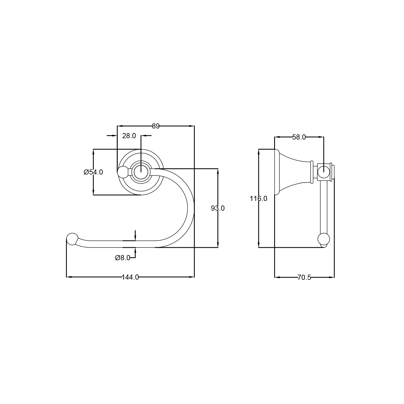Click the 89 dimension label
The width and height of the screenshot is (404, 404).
(156, 126)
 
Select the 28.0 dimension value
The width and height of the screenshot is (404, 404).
(129, 136)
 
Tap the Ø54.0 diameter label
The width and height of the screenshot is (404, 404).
(93, 172)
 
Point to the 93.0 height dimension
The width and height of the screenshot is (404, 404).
(218, 208)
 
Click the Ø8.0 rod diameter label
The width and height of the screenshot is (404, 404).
(123, 258)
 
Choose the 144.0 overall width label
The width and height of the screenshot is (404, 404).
(130, 277)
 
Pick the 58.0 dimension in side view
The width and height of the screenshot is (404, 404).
(299, 137)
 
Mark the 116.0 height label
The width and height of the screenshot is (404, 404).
(258, 199)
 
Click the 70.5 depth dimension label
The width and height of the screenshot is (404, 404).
(304, 277)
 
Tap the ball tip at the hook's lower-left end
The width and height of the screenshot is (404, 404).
(72, 239)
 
